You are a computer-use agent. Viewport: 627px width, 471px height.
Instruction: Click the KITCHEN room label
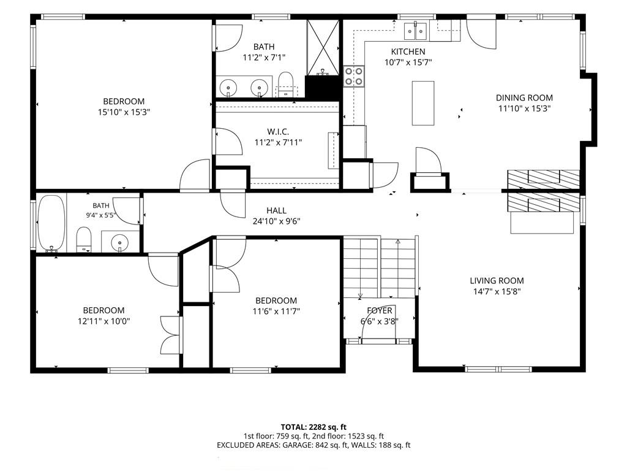408,52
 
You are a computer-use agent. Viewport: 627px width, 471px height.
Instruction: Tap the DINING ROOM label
524,98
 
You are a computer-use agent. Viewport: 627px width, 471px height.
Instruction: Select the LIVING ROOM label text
497,281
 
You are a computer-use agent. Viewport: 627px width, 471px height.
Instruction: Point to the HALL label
276,210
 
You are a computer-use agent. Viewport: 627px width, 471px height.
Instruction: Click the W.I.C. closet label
278,132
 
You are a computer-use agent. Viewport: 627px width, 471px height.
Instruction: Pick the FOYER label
380,310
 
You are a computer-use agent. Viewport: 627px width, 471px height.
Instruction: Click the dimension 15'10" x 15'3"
124,112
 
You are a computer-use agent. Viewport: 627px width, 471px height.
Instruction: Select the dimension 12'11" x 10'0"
104,321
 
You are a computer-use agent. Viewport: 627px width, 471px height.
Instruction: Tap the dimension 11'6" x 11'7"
276,311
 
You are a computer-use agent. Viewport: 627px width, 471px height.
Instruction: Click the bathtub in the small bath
51,223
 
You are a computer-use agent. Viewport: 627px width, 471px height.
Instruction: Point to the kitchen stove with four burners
354,76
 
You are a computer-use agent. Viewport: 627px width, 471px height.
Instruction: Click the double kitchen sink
416,31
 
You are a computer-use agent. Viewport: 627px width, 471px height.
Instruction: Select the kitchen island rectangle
423,103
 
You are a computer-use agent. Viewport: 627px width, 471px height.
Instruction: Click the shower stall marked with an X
323,47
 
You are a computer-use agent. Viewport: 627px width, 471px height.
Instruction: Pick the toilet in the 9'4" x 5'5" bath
83,240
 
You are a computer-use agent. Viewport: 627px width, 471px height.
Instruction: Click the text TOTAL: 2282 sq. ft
313,427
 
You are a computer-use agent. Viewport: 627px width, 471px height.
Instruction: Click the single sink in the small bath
120,242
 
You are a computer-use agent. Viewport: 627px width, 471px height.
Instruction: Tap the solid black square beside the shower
323,87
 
